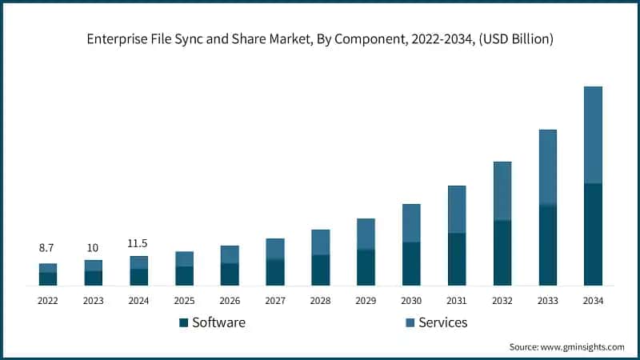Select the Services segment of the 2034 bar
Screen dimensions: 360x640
click(593, 134)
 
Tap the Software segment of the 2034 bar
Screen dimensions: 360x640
click(593, 234)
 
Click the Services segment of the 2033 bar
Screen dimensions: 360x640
click(547, 167)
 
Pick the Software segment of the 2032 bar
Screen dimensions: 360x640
click(502, 253)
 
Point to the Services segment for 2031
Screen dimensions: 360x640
click(457, 210)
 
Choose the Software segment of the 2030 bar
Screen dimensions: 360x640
click(411, 264)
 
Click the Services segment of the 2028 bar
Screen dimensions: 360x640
click(320, 242)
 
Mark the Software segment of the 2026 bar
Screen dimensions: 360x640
click(230, 274)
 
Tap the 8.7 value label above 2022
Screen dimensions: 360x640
click(47, 249)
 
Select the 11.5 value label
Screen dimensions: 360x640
click(138, 243)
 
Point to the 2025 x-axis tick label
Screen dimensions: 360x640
click(184, 301)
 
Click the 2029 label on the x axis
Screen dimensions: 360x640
click(366, 301)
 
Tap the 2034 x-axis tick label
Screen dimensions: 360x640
click(593, 301)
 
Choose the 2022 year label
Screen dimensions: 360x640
click(47, 301)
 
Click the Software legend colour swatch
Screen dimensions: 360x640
click(182, 322)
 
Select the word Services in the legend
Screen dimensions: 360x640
click(442, 322)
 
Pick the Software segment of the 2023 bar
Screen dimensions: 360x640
click(93, 278)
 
